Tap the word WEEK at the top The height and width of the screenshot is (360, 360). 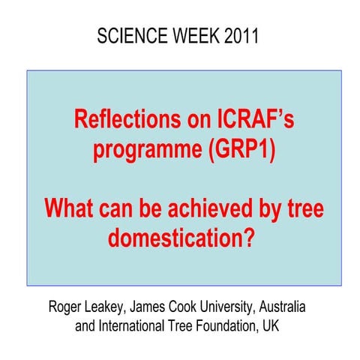point(197,35)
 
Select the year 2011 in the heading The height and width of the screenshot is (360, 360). point(241,35)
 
